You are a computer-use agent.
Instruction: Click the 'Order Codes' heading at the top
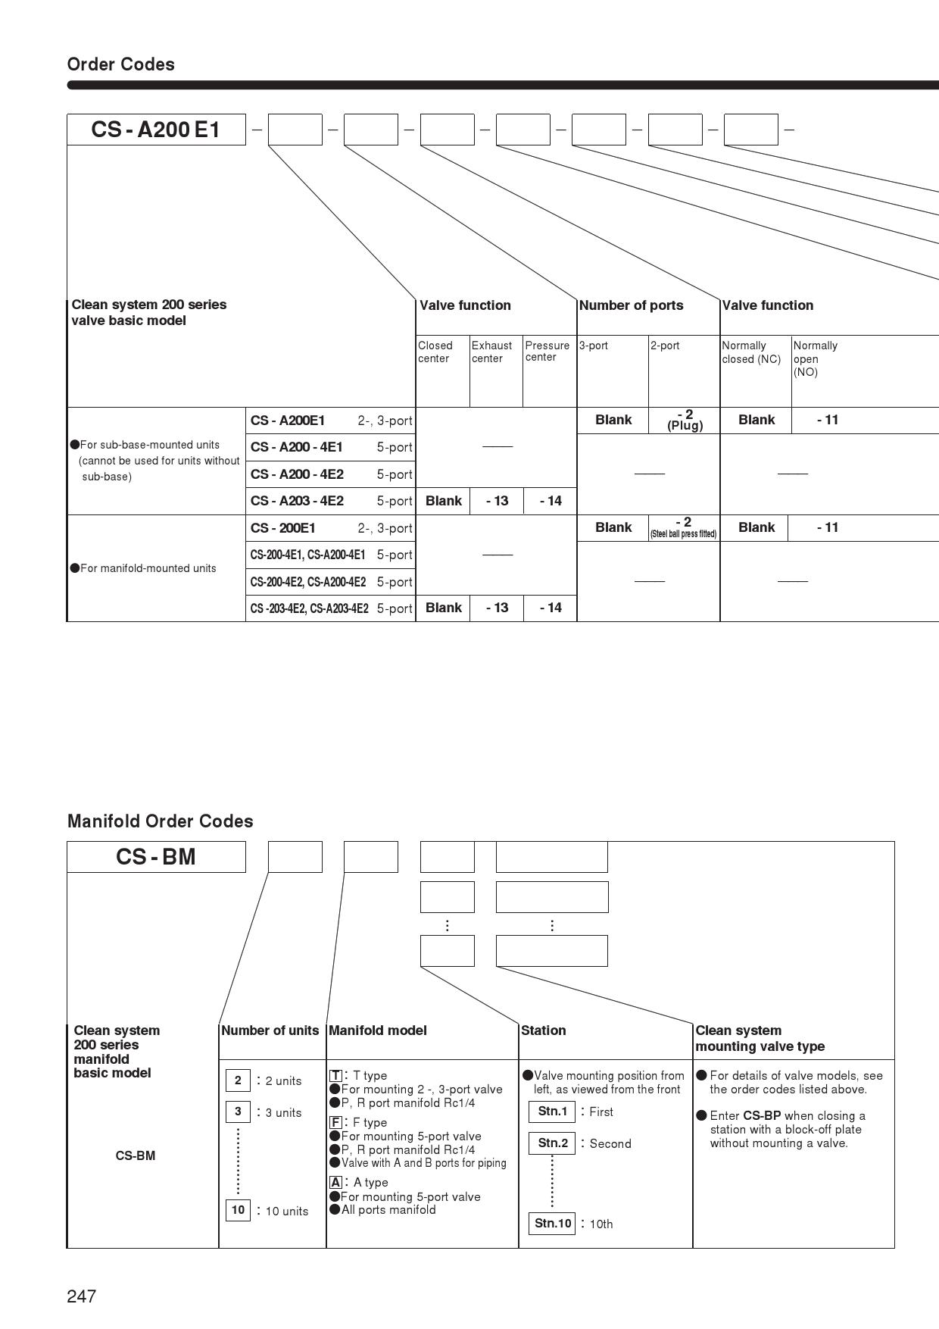click(120, 64)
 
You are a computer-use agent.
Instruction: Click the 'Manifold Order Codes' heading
click(160, 821)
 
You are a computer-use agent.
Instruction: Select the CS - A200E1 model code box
click(156, 130)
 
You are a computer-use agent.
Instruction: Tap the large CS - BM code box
click(156, 857)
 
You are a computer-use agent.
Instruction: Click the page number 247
click(82, 1296)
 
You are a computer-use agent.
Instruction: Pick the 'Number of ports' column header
click(631, 305)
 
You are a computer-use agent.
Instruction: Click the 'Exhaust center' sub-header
click(491, 352)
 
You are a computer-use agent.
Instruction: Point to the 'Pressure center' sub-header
click(547, 351)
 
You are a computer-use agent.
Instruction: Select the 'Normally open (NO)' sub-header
click(815, 358)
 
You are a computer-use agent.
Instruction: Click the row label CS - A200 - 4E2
click(297, 474)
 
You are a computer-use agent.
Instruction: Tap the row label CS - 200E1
click(283, 528)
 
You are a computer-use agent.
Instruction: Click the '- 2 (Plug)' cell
click(685, 420)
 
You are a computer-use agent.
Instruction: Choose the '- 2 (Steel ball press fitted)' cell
click(683, 527)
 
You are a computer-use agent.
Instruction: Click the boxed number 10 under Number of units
click(238, 1210)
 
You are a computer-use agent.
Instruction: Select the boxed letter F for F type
click(335, 1122)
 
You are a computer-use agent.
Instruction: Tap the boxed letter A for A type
click(335, 1182)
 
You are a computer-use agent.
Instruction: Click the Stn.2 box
click(552, 1143)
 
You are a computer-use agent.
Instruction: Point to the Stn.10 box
click(552, 1223)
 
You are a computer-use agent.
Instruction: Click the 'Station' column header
click(543, 1030)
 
